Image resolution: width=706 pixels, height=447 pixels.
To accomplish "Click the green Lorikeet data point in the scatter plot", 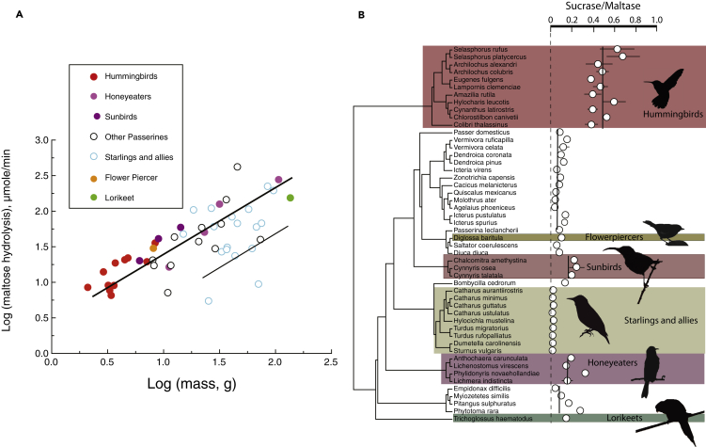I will (x=290, y=198).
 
